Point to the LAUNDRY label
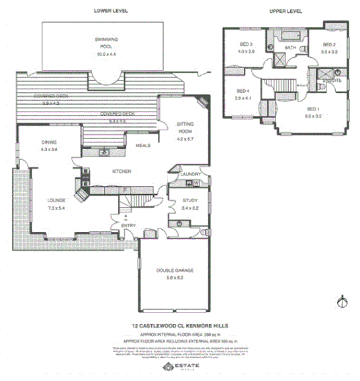pyautogui.click(x=191, y=175)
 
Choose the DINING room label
pyautogui.click(x=49, y=142)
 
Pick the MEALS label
pyautogui.click(x=142, y=145)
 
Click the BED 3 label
pyautogui.click(x=246, y=44)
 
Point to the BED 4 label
pyautogui.click(x=242, y=91)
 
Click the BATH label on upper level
pyautogui.click(x=290, y=48)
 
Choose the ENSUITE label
pyautogui.click(x=332, y=81)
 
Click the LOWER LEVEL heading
pyautogui.click(x=111, y=11)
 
